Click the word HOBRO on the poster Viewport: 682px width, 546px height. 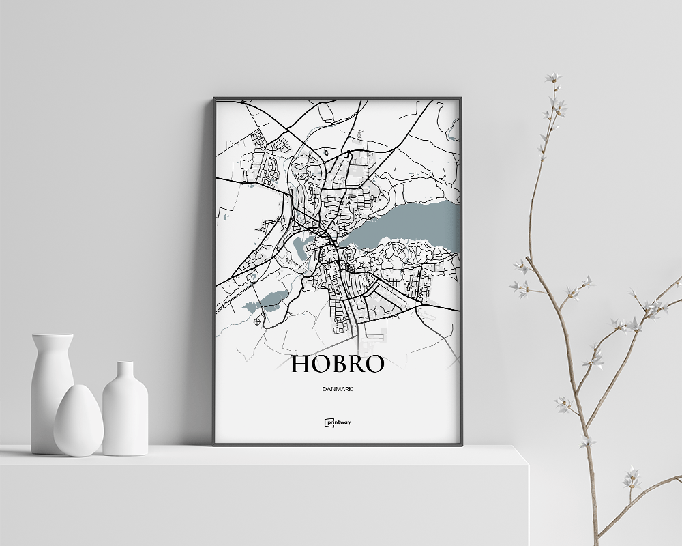(338, 364)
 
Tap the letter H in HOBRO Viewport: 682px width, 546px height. (301, 364)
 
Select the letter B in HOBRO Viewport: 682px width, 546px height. (338, 364)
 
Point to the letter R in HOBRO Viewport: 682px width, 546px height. (356, 364)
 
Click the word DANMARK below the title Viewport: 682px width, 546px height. (338, 389)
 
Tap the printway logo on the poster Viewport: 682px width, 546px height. (338, 422)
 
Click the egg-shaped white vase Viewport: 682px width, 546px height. (78, 421)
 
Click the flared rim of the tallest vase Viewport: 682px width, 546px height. (52, 336)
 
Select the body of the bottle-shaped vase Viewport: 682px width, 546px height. (125, 420)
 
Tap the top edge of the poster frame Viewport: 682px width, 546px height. (338, 99)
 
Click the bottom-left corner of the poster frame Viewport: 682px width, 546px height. (215, 444)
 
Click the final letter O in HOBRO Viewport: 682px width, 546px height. (374, 364)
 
